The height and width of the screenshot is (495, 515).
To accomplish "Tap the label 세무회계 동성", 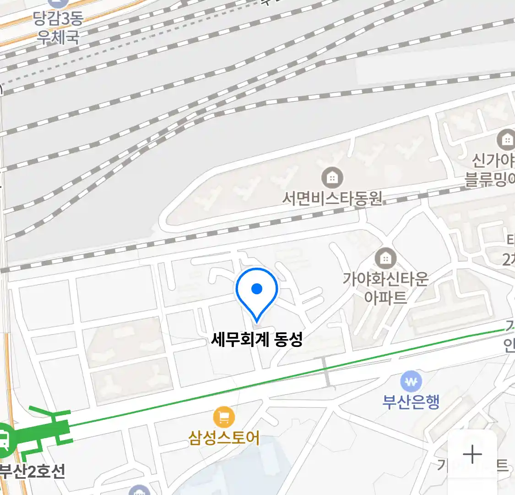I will tap(257, 340).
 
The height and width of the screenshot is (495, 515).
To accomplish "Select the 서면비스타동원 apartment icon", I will tap(332, 177).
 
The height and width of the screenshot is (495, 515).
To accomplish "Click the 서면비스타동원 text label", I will tap(332, 198).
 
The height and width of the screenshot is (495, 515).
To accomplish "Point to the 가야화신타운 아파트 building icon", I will tap(386, 258).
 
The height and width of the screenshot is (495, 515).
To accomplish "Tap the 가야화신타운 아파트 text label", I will tap(386, 287).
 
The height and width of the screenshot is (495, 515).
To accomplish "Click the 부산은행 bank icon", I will tap(411, 381).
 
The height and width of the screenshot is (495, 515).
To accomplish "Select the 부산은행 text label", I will tap(411, 401).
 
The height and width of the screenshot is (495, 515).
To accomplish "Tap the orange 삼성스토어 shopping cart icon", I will tap(224, 417).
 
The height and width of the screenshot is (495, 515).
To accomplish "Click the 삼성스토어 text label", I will tap(224, 438).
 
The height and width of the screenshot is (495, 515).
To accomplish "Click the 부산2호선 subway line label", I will tap(32, 471).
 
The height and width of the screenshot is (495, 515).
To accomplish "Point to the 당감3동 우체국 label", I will tap(58, 27).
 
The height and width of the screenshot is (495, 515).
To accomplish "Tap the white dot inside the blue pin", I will tap(257, 289).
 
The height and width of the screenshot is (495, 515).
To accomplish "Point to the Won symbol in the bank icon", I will tap(411, 381).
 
